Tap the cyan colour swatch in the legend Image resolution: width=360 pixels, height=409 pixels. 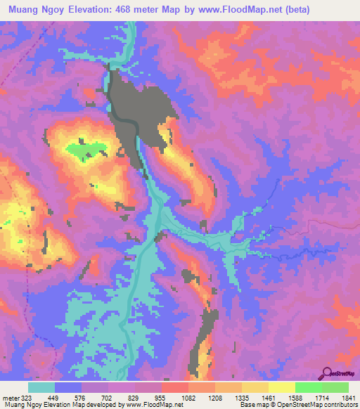[41, 387]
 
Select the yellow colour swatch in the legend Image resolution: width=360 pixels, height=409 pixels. [281, 387]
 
